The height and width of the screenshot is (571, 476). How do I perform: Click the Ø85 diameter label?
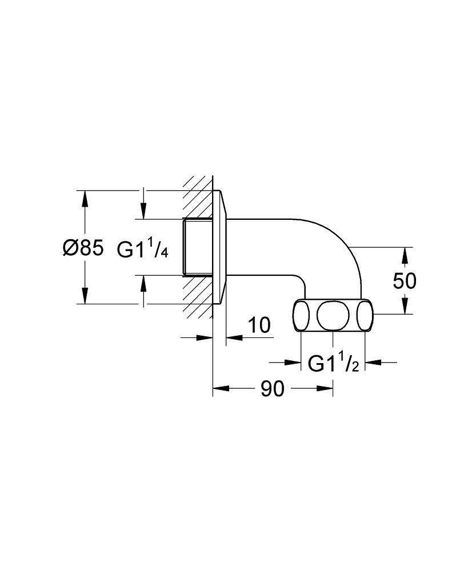83,248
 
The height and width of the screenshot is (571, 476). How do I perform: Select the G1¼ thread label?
142,249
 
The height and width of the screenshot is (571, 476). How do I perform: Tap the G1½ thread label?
334,363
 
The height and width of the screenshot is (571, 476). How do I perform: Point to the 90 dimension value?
272,389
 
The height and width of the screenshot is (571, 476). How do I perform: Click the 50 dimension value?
404,281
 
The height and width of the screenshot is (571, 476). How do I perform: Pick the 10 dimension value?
259,325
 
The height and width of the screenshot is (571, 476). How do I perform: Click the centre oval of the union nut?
333,315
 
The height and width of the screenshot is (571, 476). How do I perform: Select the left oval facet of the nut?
301,315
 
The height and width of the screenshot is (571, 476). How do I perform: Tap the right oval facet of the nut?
365,315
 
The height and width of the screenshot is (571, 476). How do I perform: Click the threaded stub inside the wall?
197,247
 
